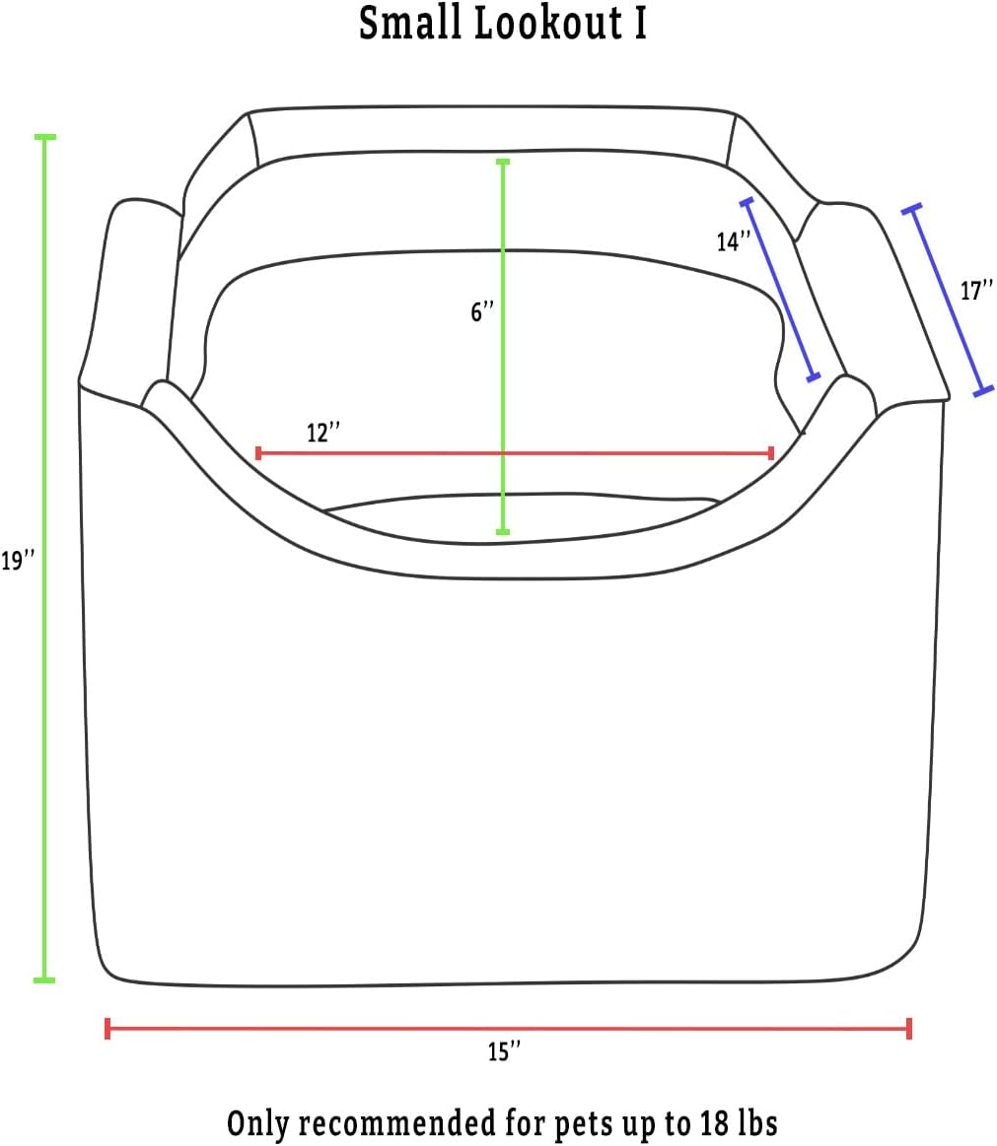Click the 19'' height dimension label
(x=18, y=562)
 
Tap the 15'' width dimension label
(x=505, y=1051)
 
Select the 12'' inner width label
(x=323, y=433)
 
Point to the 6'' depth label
(x=483, y=312)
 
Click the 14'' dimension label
(x=734, y=241)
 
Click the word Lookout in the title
(x=548, y=24)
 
